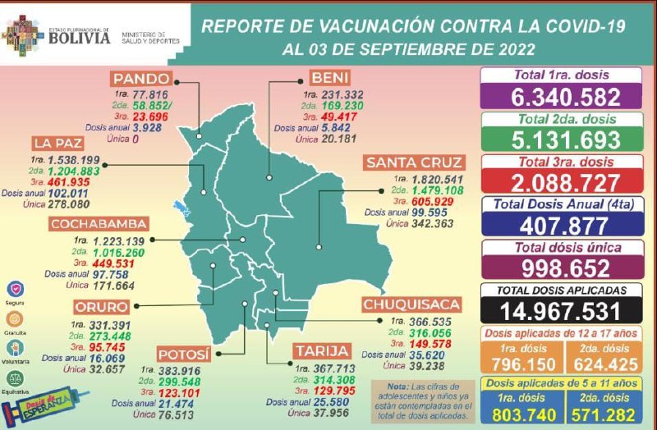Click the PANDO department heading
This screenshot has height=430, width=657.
point(140,79)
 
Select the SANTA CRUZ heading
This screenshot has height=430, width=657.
point(414,162)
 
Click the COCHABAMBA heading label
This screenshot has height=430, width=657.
point(98,224)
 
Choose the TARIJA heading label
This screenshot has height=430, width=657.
point(322,351)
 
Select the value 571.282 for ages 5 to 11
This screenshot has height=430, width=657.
point(603,415)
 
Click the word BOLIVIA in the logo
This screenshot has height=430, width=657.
point(79,36)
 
